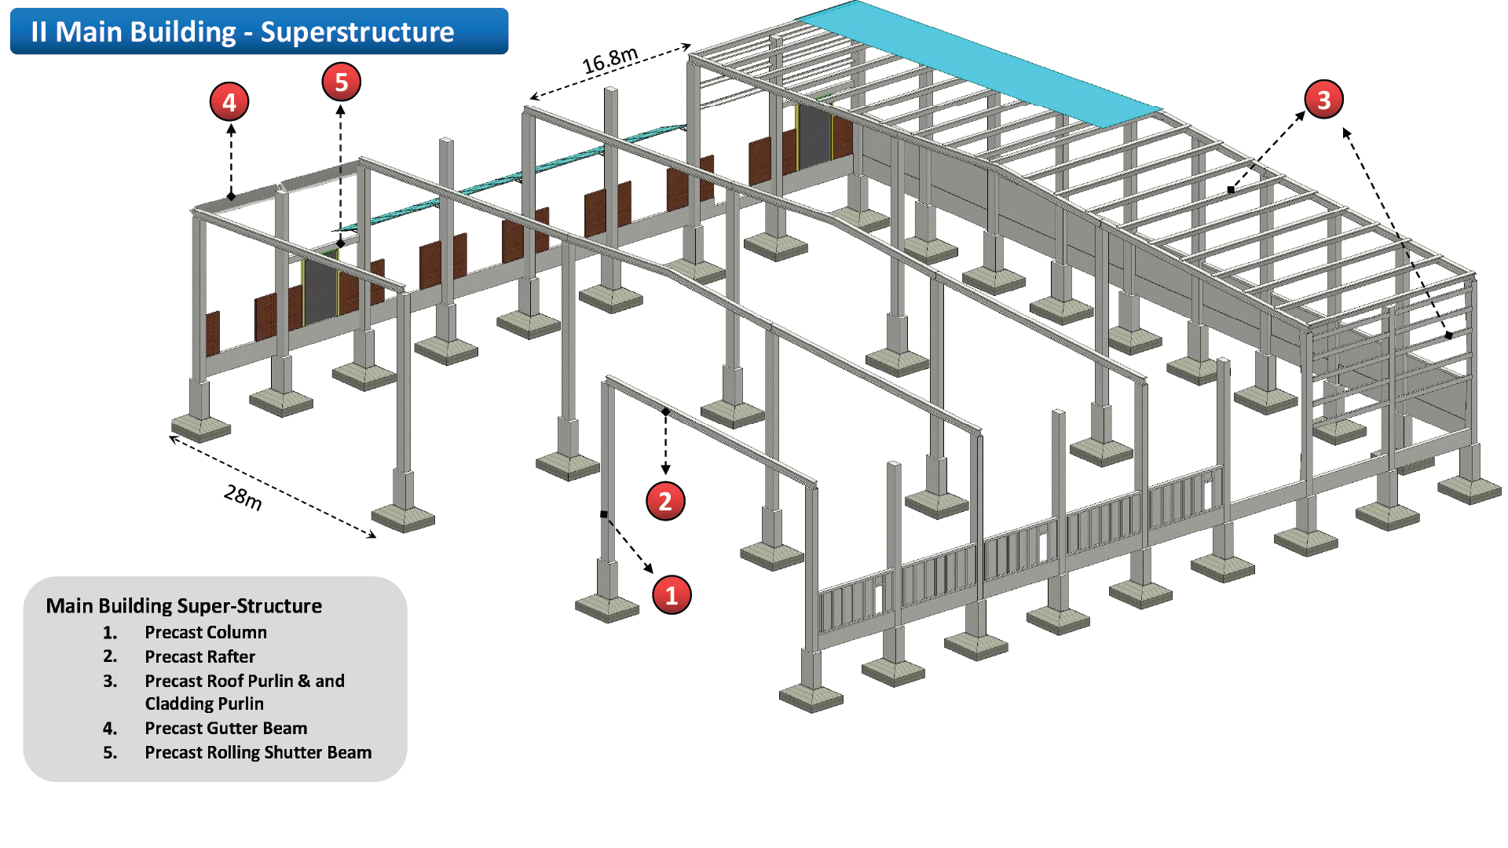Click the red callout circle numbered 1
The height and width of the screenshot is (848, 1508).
672,594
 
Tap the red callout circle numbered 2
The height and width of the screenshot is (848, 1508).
665,501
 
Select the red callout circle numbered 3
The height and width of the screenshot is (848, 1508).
1323,100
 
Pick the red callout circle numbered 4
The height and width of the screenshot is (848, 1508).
229,102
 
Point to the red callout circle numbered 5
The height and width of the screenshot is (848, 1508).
341,82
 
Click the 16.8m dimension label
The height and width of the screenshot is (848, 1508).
609,60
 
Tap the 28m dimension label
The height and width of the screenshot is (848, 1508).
243,497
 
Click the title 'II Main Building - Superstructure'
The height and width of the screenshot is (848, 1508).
243,32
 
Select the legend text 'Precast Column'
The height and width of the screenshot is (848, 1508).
206,632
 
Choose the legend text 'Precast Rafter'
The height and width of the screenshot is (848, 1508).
199,656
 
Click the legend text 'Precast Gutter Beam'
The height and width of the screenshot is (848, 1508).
225,728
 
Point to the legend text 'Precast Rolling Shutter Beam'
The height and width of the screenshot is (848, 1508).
258,752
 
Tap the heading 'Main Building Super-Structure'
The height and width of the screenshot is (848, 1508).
184,605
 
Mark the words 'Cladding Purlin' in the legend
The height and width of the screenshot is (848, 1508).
204,704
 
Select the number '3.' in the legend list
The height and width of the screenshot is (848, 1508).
110,681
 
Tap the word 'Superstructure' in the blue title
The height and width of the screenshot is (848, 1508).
357,32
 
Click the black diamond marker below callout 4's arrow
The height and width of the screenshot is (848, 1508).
231,196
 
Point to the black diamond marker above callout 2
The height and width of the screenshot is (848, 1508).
665,411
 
